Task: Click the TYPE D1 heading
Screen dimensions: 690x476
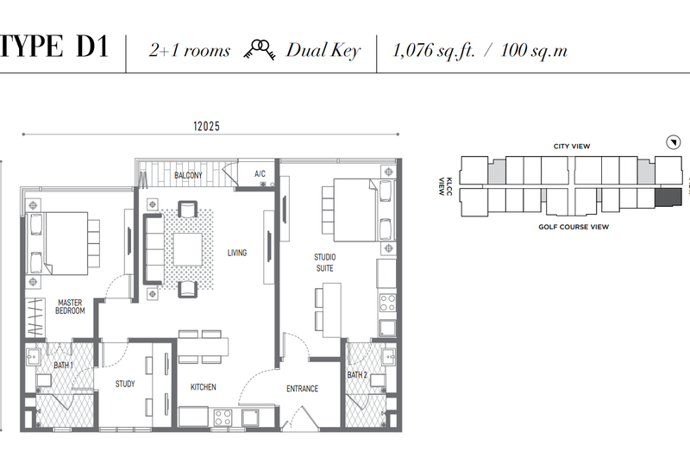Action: click(54, 47)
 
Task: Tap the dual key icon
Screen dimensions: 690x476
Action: click(260, 49)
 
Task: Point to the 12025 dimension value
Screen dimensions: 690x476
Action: click(206, 126)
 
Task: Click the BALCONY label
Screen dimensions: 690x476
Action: click(188, 175)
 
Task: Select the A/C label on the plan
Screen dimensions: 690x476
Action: click(260, 174)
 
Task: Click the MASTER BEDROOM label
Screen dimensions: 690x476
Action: click(70, 307)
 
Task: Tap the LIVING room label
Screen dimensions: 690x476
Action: click(236, 253)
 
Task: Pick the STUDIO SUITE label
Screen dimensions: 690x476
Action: click(325, 263)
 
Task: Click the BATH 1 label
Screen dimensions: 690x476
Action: click(63, 365)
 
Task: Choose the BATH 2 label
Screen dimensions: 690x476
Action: click(357, 375)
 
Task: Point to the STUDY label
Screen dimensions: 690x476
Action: click(125, 384)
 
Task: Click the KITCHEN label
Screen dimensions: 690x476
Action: click(204, 387)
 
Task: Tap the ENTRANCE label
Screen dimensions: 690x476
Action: click(303, 389)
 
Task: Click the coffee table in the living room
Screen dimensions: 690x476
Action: click(188, 249)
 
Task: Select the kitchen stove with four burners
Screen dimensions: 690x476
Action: click(223, 417)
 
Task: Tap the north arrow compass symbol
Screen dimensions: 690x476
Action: click(674, 142)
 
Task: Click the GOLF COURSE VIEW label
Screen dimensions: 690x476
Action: click(574, 227)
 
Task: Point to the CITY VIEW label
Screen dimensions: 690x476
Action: click(572, 146)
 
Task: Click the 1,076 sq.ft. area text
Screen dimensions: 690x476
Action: click(434, 51)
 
